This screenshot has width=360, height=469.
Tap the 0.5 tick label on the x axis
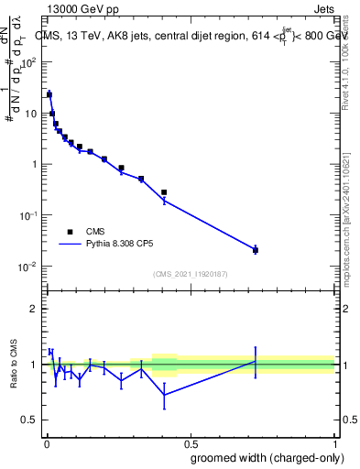[x=191, y=442]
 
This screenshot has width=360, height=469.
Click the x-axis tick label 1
[x=335, y=442]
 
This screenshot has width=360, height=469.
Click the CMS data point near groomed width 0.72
[x=255, y=250]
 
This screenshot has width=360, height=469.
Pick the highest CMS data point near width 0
[x=49, y=94]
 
